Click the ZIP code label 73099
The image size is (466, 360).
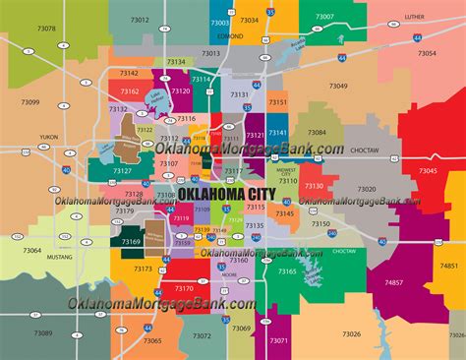(29, 102)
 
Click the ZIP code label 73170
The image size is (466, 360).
(183, 288)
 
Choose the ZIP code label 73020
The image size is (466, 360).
(366, 189)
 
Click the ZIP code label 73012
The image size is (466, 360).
(139, 19)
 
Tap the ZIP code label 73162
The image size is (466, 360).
(130, 91)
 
